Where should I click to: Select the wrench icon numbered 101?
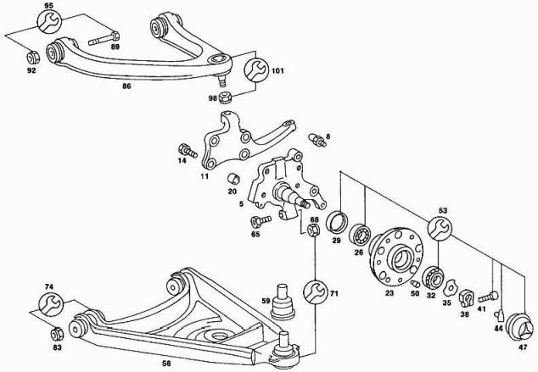click(255, 70)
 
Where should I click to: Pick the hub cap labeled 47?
click(521, 330)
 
